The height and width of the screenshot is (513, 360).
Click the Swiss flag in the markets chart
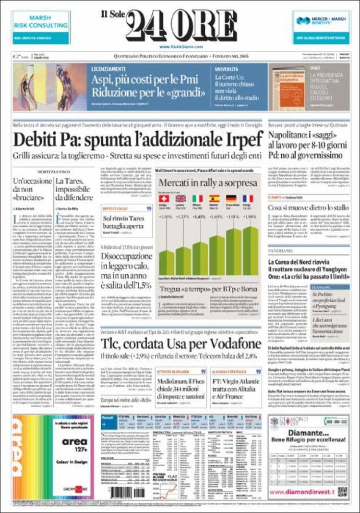[x=164, y=198]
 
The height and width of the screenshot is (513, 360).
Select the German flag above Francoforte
[x=231, y=198]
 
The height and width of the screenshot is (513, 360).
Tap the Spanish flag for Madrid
[x=214, y=198]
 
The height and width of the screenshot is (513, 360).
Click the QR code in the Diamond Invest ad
[x=342, y=491]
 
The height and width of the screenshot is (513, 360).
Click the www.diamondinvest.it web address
[x=302, y=492]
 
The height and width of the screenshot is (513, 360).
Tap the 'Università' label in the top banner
[x=226, y=69]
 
